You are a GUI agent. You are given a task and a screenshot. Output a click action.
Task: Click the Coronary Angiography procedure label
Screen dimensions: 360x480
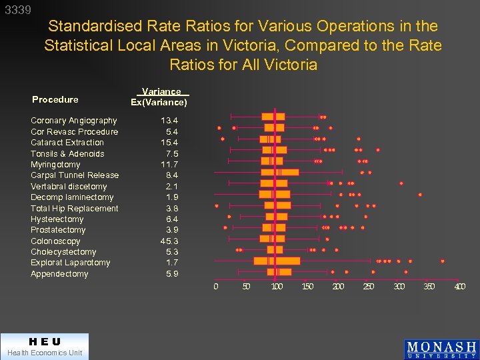(73, 121)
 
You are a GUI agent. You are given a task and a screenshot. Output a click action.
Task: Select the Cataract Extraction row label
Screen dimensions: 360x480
(67, 143)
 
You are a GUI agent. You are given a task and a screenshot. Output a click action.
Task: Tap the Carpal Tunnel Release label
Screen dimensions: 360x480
(74, 175)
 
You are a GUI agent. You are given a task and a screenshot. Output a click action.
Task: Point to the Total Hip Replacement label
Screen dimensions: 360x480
(74, 209)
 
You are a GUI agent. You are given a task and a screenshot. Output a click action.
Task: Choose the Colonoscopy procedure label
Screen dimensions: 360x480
(55, 241)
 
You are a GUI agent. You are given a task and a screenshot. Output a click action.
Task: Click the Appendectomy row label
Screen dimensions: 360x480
(59, 274)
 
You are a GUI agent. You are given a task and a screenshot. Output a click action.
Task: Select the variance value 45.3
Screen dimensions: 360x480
(169, 241)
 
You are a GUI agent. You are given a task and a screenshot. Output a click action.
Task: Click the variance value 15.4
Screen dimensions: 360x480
(169, 143)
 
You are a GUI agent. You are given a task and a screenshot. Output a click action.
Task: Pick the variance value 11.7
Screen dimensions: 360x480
(169, 165)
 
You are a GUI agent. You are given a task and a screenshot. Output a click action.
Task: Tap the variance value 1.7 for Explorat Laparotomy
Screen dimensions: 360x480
(171, 263)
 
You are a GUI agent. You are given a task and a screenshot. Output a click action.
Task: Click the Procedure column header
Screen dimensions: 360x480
(55, 99)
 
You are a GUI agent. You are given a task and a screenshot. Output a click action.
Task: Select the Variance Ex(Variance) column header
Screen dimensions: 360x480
(159, 97)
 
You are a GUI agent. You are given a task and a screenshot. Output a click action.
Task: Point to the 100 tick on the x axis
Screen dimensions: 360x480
(276, 287)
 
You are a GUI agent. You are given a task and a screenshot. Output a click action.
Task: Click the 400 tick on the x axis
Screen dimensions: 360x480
(459, 287)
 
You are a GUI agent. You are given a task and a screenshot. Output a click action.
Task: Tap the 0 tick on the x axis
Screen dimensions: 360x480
(215, 287)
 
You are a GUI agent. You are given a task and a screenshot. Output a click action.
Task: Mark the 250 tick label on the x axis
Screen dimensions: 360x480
(368, 287)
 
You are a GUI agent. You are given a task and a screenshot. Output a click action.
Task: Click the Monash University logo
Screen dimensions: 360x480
(441, 349)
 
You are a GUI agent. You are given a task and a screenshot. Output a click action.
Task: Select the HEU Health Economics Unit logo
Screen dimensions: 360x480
(44, 347)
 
